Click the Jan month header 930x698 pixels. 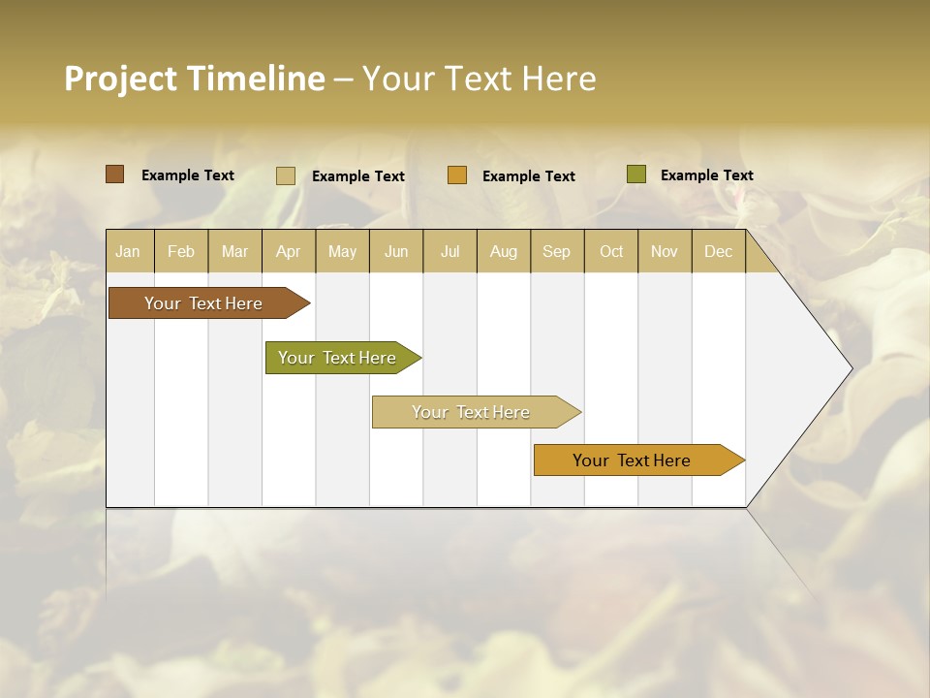point(129,251)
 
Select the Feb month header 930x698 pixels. point(181,251)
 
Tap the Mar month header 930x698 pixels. point(234,251)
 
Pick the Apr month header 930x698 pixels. point(289,251)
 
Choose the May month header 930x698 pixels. point(342,251)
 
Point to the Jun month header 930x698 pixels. point(396,251)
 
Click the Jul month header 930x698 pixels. point(449,251)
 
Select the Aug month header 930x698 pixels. point(504,251)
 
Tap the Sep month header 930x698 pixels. point(557,251)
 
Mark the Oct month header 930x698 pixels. point(611,251)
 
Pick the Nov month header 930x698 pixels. point(665,251)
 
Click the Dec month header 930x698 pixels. point(719,251)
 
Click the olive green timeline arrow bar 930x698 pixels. point(340,358)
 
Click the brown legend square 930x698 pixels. point(114,174)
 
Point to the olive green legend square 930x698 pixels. point(635,174)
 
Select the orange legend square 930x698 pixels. point(457,175)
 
